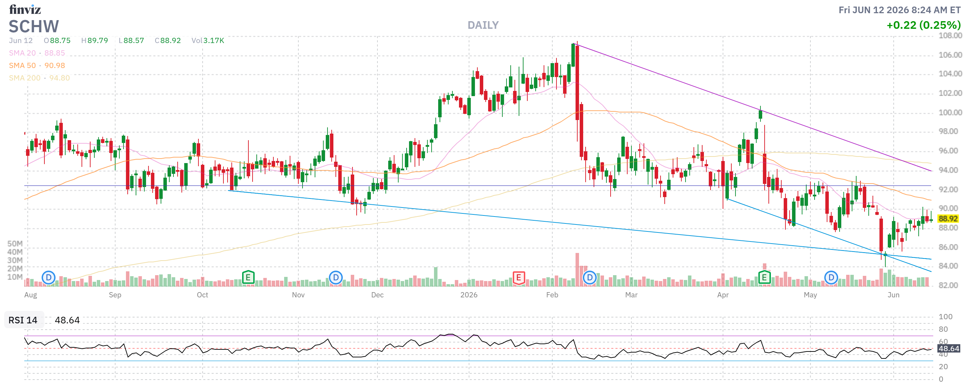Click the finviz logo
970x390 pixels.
tap(25, 9)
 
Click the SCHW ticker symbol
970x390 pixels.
tap(34, 27)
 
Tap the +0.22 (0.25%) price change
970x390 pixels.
tap(923, 25)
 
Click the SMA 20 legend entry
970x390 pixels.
tap(37, 53)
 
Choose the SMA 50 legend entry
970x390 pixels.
tap(37, 66)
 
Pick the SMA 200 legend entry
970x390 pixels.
tap(40, 78)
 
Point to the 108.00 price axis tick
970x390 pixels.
tap(950, 36)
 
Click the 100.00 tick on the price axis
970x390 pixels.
tap(950, 112)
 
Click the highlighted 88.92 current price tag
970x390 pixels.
tap(948, 219)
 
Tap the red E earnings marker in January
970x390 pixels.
tap(519, 278)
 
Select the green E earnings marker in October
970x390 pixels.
tap(248, 278)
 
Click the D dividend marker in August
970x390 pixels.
tap(49, 278)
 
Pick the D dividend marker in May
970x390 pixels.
tap(831, 278)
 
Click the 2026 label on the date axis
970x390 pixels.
tap(469, 295)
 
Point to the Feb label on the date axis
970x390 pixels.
tap(552, 295)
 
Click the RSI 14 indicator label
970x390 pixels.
tap(23, 320)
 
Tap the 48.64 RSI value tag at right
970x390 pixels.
tap(948, 349)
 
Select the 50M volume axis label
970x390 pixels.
tap(15, 244)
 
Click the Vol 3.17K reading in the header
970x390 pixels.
tap(207, 41)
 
